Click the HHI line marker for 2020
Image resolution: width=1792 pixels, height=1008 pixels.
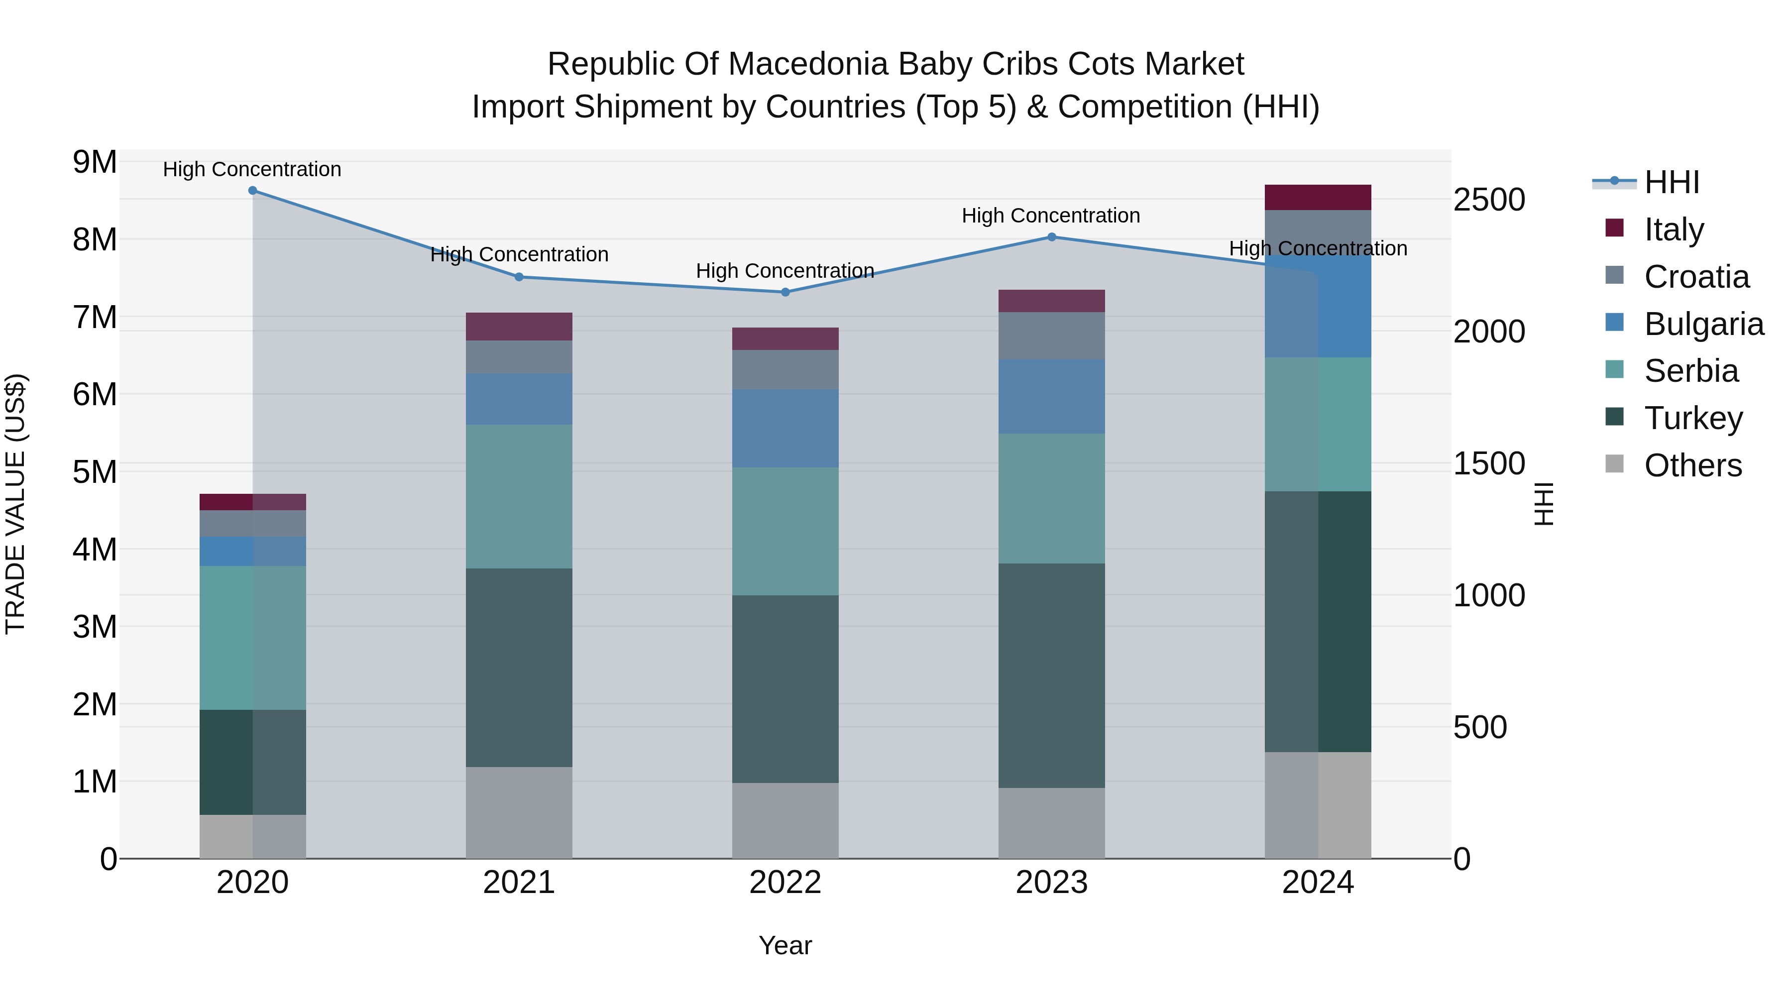252,191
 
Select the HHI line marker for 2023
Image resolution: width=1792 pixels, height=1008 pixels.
1051,237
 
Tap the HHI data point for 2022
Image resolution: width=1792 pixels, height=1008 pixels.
785,292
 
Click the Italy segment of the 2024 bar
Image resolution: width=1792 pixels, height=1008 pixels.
1318,198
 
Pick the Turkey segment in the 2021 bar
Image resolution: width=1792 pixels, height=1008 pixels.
519,668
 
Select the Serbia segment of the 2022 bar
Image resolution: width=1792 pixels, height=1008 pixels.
785,532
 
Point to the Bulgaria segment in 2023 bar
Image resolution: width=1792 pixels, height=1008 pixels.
1051,397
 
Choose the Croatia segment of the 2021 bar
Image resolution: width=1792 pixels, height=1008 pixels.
519,357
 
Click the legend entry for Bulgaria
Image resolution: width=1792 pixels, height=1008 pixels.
1703,324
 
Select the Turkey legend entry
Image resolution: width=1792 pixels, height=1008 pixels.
1693,418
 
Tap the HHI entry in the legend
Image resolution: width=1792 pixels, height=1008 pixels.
1671,182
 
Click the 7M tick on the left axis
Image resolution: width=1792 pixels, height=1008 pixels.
95,317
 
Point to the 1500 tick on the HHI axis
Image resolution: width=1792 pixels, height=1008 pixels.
1489,464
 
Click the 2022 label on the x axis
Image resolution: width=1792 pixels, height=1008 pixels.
785,883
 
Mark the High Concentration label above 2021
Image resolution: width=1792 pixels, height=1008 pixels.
519,254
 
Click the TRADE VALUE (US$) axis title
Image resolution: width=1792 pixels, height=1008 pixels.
15,504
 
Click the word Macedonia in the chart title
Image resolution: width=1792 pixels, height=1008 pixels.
809,64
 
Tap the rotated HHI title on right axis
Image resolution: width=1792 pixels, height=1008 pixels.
1543,504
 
